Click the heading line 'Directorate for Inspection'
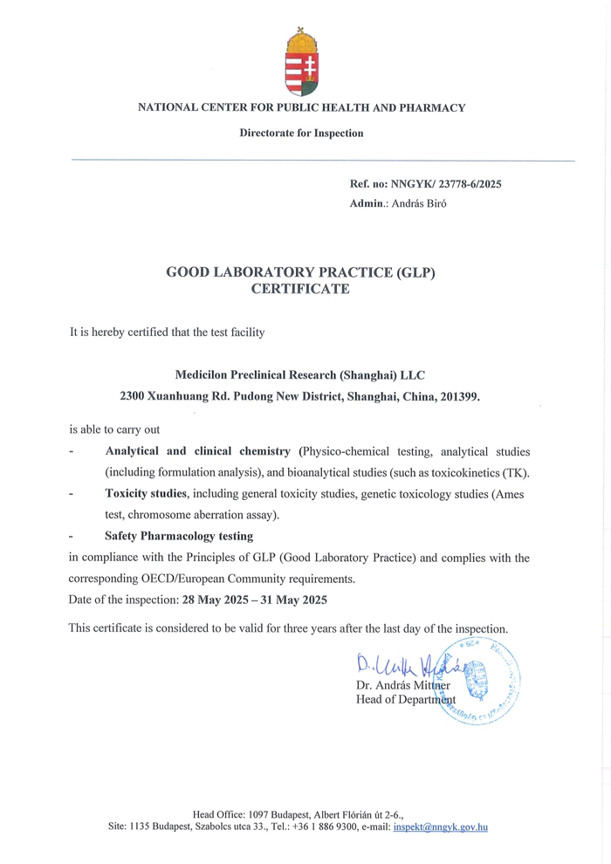[x=301, y=134]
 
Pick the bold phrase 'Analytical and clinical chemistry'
[x=197, y=452]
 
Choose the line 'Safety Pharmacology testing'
[x=179, y=536]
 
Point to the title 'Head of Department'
[x=406, y=700]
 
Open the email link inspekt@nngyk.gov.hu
[x=440, y=826]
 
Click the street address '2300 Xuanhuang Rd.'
[x=174, y=396]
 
